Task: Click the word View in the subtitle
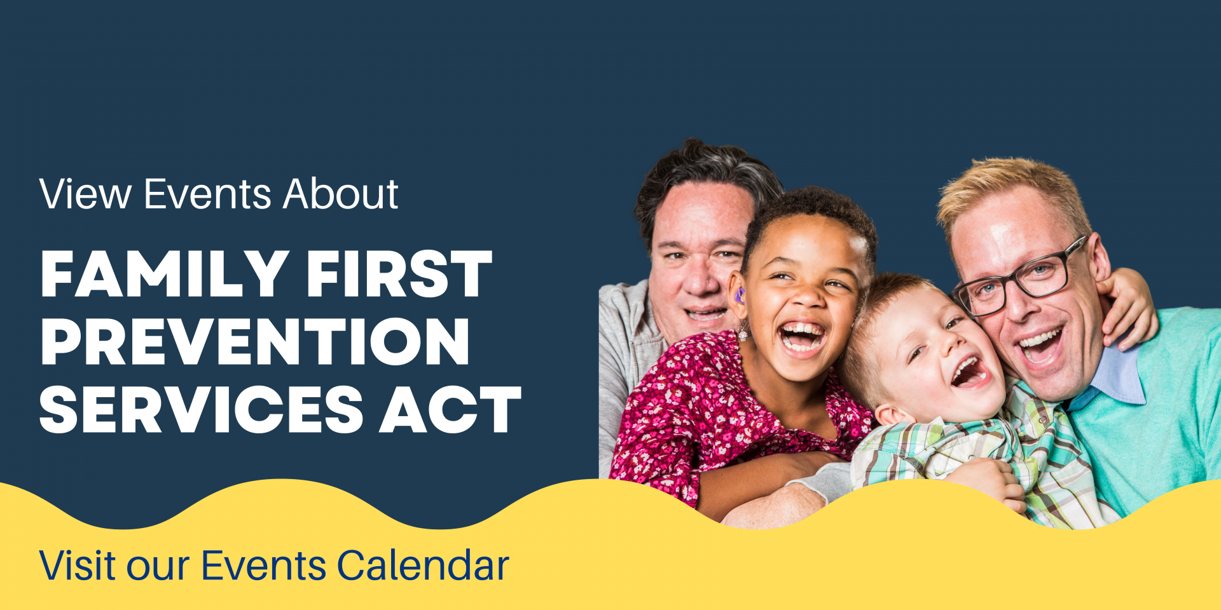click(x=85, y=194)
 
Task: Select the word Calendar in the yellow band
click(x=423, y=564)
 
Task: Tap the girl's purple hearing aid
click(x=739, y=295)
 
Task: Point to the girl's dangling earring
click(x=743, y=332)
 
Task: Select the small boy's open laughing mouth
click(x=969, y=372)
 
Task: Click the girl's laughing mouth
click(x=801, y=337)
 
